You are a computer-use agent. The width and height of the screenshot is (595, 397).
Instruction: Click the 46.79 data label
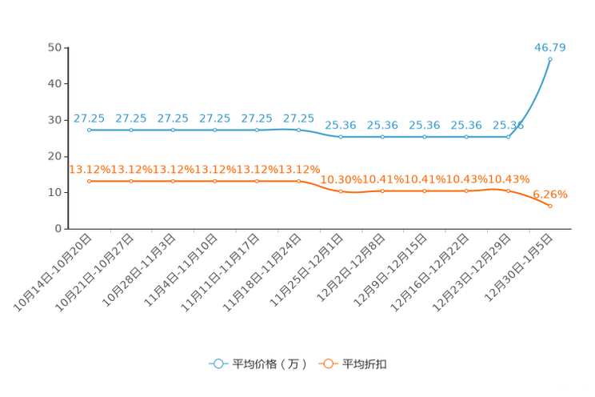point(550,47)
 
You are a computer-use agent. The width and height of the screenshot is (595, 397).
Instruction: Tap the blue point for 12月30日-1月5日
point(550,59)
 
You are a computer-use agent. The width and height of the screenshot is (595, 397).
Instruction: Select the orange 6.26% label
point(550,194)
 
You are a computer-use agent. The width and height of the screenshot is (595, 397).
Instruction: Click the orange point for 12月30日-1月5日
point(550,206)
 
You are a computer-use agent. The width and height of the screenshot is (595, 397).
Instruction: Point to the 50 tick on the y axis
point(54,47)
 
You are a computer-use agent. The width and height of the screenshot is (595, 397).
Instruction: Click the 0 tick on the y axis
point(58,229)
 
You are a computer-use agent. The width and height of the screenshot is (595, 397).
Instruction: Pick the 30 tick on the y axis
point(54,120)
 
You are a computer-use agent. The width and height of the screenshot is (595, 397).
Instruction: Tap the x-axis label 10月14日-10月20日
point(52,273)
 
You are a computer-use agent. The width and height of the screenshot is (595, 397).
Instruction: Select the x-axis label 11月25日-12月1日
point(306,270)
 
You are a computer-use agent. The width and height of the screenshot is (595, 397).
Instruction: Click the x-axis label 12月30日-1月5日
point(518,268)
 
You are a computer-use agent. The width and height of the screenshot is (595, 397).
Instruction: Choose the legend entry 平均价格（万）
point(258,364)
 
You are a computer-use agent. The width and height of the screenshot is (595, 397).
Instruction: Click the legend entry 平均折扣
point(353,364)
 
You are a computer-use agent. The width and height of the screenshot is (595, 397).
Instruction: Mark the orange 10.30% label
point(341,179)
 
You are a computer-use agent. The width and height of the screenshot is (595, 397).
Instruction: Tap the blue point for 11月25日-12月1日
point(341,137)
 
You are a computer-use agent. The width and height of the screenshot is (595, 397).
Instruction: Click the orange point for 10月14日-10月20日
point(90,181)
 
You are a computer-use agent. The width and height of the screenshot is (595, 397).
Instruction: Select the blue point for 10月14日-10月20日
point(90,130)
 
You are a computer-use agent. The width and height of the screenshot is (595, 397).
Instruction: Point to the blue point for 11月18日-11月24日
point(298,130)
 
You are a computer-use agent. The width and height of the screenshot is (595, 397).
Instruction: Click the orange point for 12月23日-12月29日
point(509,190)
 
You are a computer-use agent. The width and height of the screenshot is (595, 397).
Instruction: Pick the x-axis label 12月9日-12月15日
point(390,270)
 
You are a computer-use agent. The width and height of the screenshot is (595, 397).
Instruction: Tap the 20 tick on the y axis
point(54,156)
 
